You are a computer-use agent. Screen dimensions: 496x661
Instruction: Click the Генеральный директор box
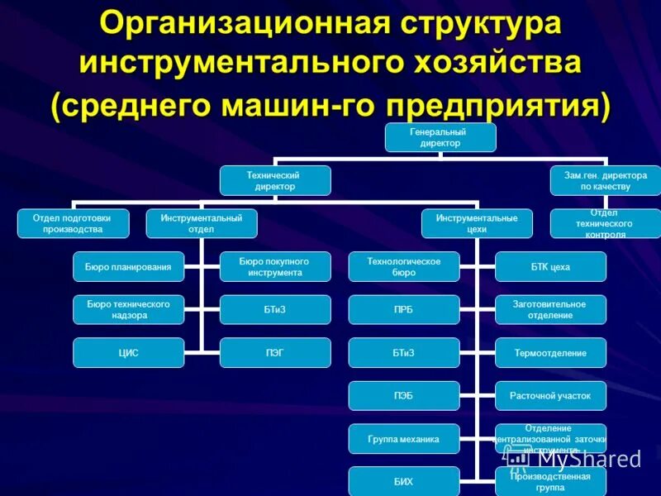440,137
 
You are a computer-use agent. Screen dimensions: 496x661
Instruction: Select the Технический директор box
275,180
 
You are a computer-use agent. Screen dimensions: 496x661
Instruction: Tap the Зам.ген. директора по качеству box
606,180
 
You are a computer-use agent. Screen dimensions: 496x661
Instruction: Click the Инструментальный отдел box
202,223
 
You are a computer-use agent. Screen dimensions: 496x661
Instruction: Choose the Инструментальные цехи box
477,223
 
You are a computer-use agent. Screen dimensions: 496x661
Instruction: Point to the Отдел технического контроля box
606,223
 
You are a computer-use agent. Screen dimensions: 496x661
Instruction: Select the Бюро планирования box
128,266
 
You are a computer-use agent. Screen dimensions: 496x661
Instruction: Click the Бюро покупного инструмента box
275,266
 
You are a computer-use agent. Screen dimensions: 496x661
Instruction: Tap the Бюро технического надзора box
128,309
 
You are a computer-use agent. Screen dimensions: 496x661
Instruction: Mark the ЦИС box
128,352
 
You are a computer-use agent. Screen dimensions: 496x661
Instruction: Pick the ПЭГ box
275,352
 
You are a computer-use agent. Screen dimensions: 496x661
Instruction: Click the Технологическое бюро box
404,266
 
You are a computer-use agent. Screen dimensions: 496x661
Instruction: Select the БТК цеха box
550,266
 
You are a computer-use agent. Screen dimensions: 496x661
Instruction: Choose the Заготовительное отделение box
550,309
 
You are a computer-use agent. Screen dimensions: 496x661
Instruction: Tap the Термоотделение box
550,352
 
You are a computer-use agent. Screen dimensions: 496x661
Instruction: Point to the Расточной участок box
550,395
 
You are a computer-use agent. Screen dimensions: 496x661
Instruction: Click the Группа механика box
404,438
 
